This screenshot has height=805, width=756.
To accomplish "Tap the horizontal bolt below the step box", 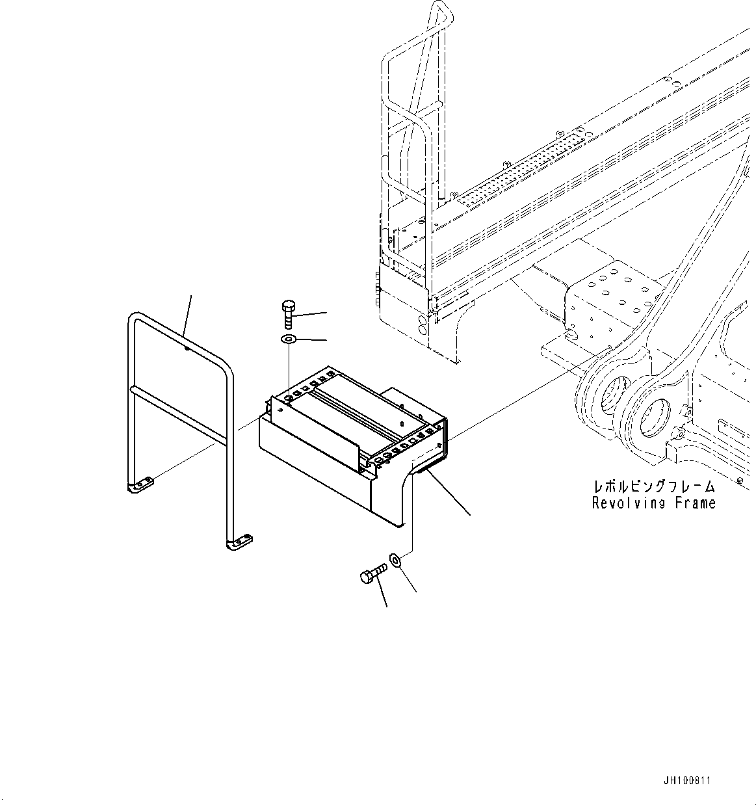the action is click(x=372, y=574).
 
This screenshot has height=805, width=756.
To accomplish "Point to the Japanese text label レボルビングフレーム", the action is click(x=653, y=486).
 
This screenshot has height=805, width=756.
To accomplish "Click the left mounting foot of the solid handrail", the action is click(x=141, y=485).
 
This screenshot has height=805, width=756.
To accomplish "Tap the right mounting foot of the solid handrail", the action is click(x=239, y=541).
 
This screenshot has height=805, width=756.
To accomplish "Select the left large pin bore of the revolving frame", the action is click(x=610, y=396).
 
